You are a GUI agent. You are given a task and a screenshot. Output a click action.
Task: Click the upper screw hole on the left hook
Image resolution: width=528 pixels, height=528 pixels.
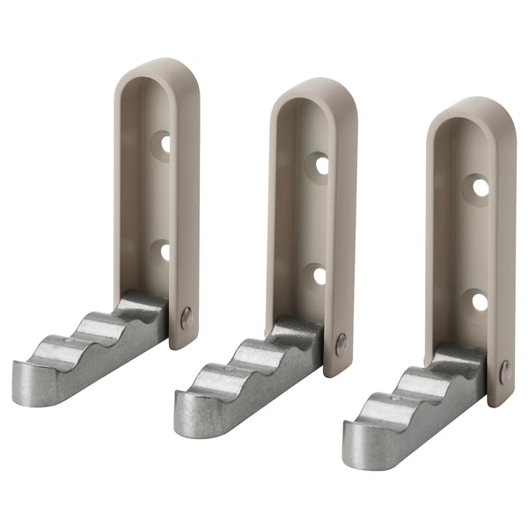coord(164,143)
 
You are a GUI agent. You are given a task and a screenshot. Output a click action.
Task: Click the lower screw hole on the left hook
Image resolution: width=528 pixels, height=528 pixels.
coord(163,252)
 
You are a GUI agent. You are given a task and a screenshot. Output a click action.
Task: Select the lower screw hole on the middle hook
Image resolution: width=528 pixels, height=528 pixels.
coord(319,275)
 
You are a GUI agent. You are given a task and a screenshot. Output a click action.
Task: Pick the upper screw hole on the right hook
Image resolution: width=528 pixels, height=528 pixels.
coord(480,187)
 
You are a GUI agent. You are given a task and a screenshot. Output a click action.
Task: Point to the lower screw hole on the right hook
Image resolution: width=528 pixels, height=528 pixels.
coord(479,302)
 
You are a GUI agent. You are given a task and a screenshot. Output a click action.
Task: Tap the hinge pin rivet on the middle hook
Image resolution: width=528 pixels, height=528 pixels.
coord(341,343)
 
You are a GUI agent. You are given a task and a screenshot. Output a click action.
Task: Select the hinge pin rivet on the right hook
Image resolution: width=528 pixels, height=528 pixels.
coord(505,371)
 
